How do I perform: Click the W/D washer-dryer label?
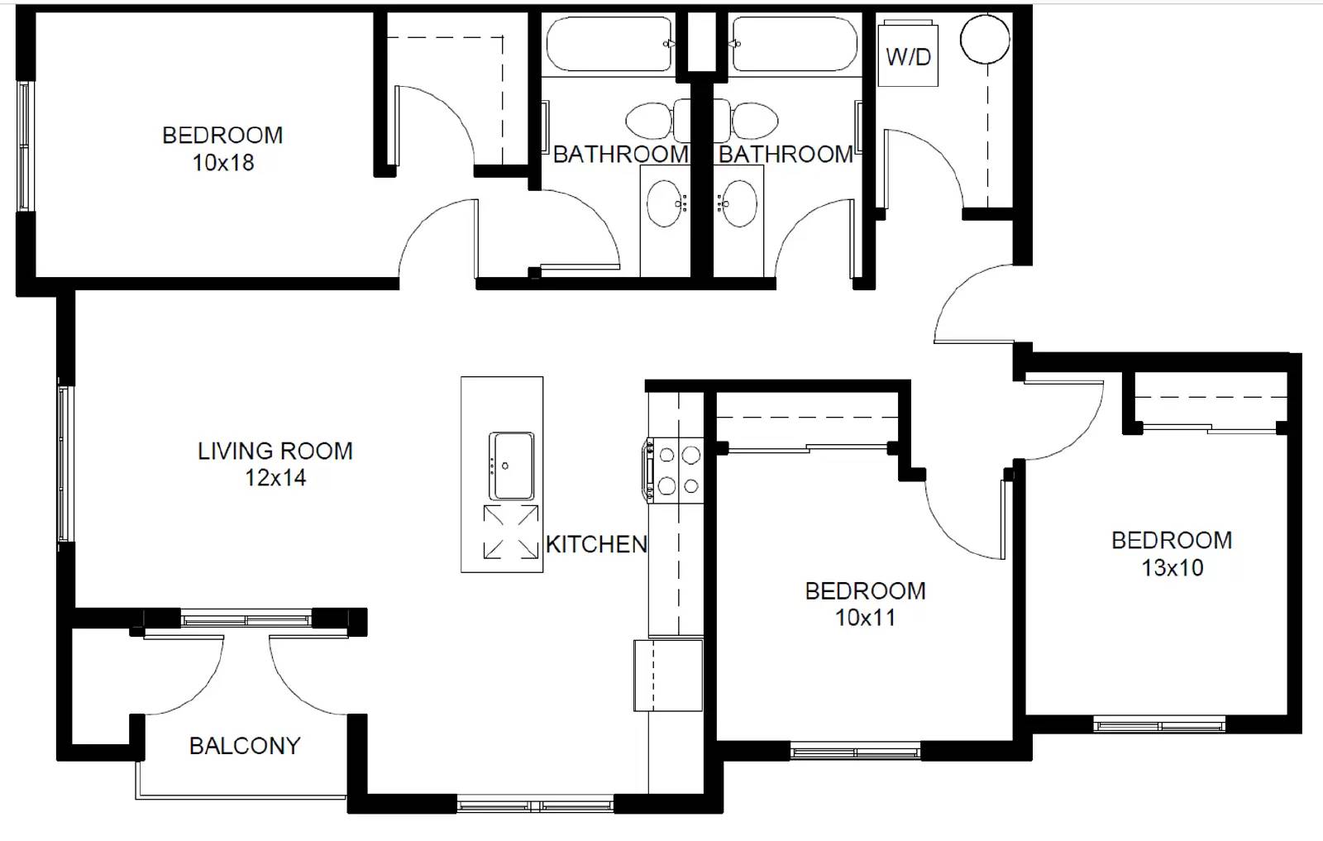click(909, 57)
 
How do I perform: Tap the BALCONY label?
click(245, 746)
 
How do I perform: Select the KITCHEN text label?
click(596, 544)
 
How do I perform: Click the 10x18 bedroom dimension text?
click(223, 162)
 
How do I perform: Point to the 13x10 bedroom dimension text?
click(1173, 567)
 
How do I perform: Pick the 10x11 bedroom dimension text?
click(865, 618)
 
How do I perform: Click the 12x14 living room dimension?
click(276, 478)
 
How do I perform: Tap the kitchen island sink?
click(512, 466)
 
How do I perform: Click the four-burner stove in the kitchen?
click(674, 471)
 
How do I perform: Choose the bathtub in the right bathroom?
click(794, 45)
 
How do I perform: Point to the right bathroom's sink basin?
click(737, 203)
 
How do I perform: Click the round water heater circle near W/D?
click(985, 39)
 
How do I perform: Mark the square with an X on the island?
click(512, 532)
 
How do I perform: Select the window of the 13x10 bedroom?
click(1159, 724)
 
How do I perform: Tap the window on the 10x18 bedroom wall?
click(24, 146)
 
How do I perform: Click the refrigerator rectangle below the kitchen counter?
click(669, 675)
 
